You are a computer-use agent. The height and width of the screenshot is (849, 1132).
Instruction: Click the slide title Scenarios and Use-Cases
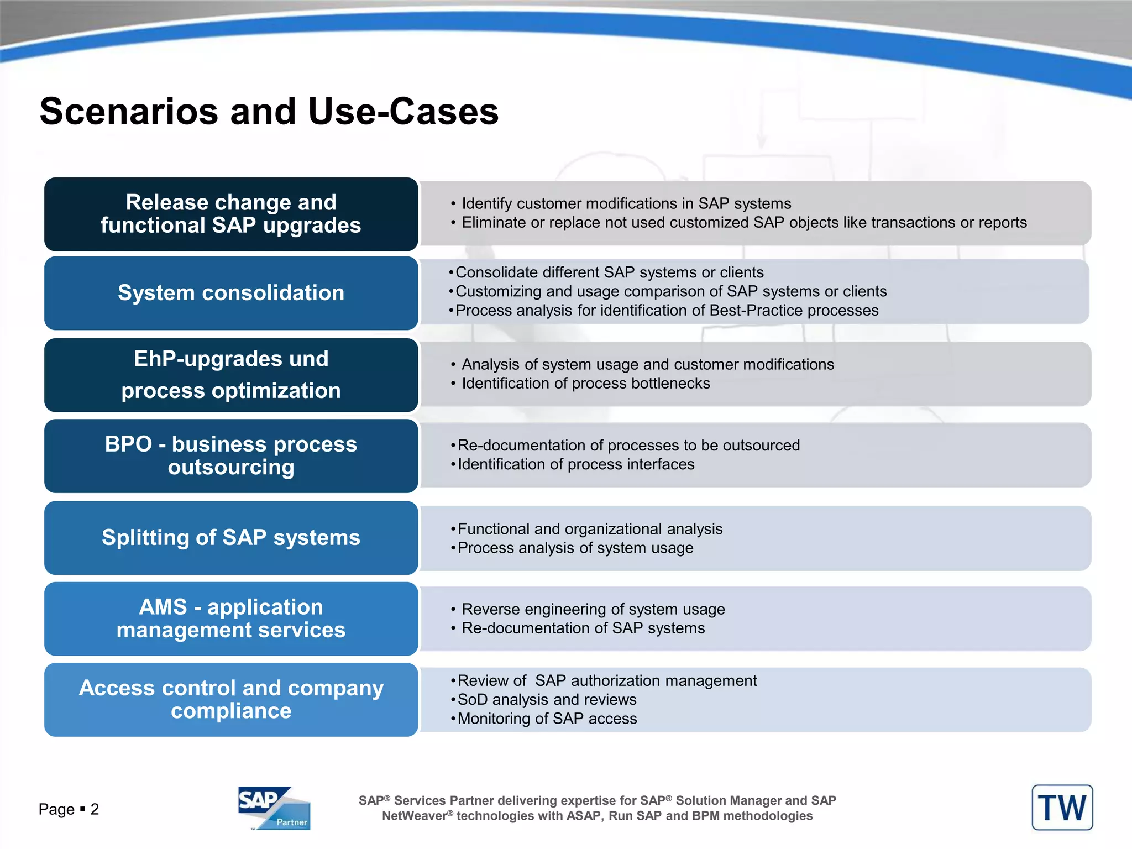pos(269,111)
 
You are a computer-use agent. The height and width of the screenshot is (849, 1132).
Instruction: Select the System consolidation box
pos(231,293)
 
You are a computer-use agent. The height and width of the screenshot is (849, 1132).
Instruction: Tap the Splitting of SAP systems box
pos(231,538)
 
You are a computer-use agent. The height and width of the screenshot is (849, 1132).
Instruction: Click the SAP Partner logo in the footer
pos(274,808)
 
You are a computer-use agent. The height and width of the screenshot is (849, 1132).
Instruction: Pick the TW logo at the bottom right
pos(1062,808)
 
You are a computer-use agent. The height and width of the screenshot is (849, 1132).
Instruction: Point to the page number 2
pos(95,809)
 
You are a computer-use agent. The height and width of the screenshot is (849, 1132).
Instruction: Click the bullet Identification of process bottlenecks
pos(585,384)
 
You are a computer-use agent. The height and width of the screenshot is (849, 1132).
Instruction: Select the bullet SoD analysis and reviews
pos(547,700)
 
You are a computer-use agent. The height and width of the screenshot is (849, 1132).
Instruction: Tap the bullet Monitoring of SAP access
pos(547,719)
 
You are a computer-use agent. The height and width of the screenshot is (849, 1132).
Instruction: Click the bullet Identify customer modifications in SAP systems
pos(626,204)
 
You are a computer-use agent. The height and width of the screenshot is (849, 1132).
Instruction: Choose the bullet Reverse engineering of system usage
pos(593,609)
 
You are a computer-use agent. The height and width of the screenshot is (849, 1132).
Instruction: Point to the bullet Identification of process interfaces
pos(576,464)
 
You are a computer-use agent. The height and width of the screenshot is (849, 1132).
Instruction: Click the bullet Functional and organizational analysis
pos(590,529)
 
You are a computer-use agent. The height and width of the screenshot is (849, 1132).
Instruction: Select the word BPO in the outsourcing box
pos(128,444)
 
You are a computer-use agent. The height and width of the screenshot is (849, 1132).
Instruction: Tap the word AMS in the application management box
pos(163,607)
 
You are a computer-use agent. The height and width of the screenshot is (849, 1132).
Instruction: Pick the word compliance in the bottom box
pos(231,711)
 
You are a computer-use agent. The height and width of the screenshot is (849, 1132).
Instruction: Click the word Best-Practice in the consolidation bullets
pos(756,311)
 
